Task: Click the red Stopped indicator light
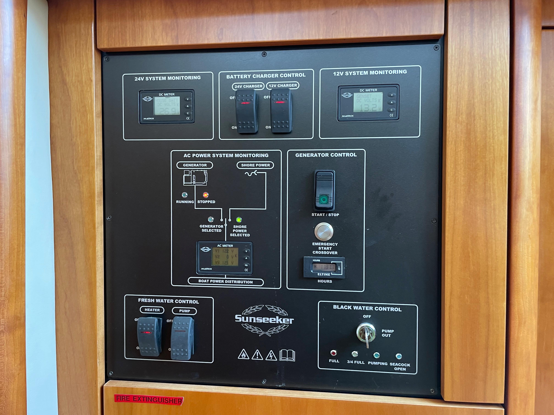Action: click(205, 195)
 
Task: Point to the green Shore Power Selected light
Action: click(239, 220)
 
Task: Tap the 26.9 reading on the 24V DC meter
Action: click(168, 111)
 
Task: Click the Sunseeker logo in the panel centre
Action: click(264, 319)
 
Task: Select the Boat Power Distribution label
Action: click(225, 281)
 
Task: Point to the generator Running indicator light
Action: click(185, 195)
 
